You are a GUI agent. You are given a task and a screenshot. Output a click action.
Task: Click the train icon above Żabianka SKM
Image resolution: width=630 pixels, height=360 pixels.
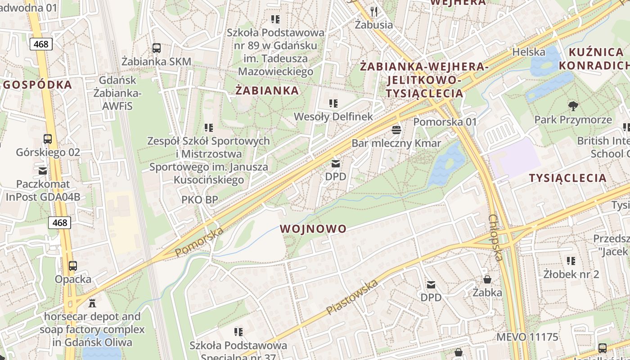coord(157,48)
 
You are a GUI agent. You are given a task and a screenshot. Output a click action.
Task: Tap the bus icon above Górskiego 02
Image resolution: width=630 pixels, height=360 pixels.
coord(48,139)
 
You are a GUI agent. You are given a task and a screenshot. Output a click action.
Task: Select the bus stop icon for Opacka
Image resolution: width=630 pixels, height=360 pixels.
coord(73,265)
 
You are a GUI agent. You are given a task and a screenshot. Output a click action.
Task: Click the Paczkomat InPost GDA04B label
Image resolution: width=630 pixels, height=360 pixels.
coord(43,190)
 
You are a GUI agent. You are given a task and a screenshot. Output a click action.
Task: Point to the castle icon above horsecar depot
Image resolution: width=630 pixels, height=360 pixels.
coord(92,303)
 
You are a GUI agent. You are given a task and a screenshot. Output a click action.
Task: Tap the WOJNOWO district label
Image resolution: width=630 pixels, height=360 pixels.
coord(313,229)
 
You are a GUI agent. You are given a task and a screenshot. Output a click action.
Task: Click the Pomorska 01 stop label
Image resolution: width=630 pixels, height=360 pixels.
coord(445,122)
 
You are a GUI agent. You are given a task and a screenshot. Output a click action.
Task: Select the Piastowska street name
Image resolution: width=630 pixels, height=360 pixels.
coord(352,297)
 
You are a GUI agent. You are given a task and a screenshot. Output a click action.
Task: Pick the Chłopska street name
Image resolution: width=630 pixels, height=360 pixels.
coord(495,237)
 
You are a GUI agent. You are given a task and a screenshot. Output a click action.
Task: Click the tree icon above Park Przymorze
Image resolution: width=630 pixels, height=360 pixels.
coord(573,106)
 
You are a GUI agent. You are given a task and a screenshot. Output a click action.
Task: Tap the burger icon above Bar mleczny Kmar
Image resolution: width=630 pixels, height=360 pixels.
coord(396,130)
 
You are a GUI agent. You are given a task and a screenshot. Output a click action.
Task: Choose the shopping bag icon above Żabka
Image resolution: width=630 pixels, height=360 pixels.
coord(487,279)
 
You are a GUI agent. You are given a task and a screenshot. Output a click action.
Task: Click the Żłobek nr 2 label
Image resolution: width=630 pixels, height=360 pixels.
coord(571,274)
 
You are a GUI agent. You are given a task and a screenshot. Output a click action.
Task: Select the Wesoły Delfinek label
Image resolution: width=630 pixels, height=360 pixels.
coord(333,117)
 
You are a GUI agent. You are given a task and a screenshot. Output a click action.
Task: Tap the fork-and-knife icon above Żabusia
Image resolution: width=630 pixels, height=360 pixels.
coord(373,11)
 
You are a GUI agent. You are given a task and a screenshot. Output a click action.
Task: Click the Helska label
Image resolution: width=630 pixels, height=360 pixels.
coord(529,52)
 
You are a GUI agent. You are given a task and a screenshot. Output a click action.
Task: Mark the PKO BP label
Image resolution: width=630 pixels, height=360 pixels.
coord(200,199)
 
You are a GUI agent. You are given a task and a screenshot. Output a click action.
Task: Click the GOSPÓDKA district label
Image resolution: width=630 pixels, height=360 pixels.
coord(37,85)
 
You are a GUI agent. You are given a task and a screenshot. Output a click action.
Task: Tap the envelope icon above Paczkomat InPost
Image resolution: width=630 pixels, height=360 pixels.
coord(43,171)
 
